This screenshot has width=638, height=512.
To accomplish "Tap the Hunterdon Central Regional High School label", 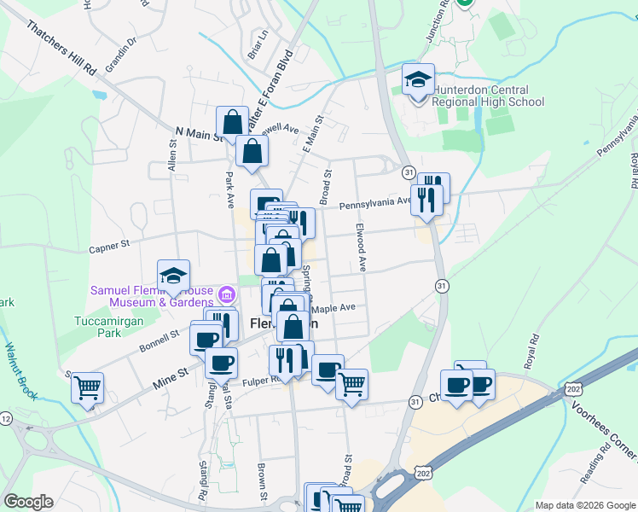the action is click(x=488, y=96).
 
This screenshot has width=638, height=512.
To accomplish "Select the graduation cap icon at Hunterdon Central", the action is click(x=418, y=80).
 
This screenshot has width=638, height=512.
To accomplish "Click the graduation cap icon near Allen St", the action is click(x=173, y=276).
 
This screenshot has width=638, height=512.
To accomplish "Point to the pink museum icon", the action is click(x=226, y=296).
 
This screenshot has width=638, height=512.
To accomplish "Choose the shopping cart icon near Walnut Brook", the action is click(x=87, y=388).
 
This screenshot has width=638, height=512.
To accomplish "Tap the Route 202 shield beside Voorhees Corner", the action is click(x=573, y=388).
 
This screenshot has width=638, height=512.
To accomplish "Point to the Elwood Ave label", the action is click(x=362, y=247).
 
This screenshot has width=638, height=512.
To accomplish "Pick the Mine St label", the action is click(x=170, y=373).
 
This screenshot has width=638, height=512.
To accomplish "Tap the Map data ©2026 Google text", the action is click(x=584, y=505).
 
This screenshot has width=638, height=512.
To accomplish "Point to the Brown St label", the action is click(x=264, y=483).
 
